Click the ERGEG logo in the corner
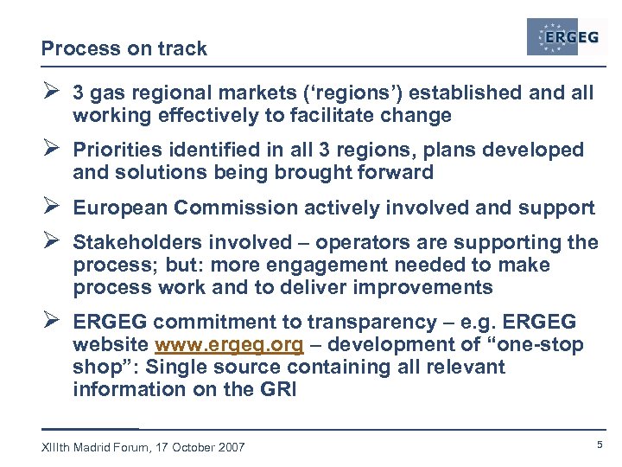(x=566, y=36)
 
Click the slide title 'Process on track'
(x=124, y=49)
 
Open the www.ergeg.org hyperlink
(x=229, y=345)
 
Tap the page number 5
(x=599, y=445)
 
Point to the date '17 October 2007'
(x=202, y=447)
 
